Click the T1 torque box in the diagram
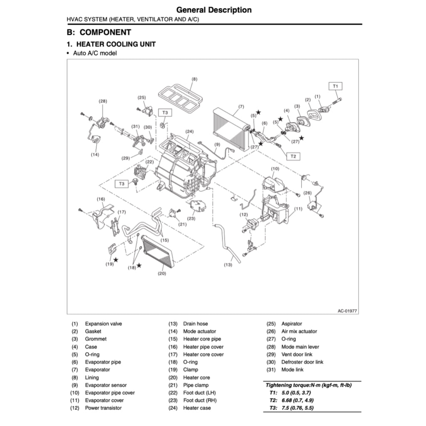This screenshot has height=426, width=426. [336, 86]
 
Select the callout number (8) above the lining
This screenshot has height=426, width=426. [194, 79]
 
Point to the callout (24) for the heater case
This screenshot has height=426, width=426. [189, 132]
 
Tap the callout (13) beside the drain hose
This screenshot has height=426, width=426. [228, 264]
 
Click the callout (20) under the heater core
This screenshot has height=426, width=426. [162, 274]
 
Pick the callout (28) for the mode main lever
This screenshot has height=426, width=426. [103, 101]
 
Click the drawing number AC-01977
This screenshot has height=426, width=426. [347, 310]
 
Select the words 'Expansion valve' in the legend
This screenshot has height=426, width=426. [104, 324]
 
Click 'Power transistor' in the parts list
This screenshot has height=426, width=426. [103, 408]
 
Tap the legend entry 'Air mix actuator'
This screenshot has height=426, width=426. [299, 332]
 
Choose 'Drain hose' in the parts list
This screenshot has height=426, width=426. [196, 324]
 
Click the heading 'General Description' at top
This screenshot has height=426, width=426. [213, 10]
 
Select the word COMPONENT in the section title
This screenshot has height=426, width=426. [105, 32]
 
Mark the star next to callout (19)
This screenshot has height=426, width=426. [116, 260]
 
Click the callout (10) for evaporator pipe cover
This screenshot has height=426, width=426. [275, 168]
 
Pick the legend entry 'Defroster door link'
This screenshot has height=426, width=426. [302, 362]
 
